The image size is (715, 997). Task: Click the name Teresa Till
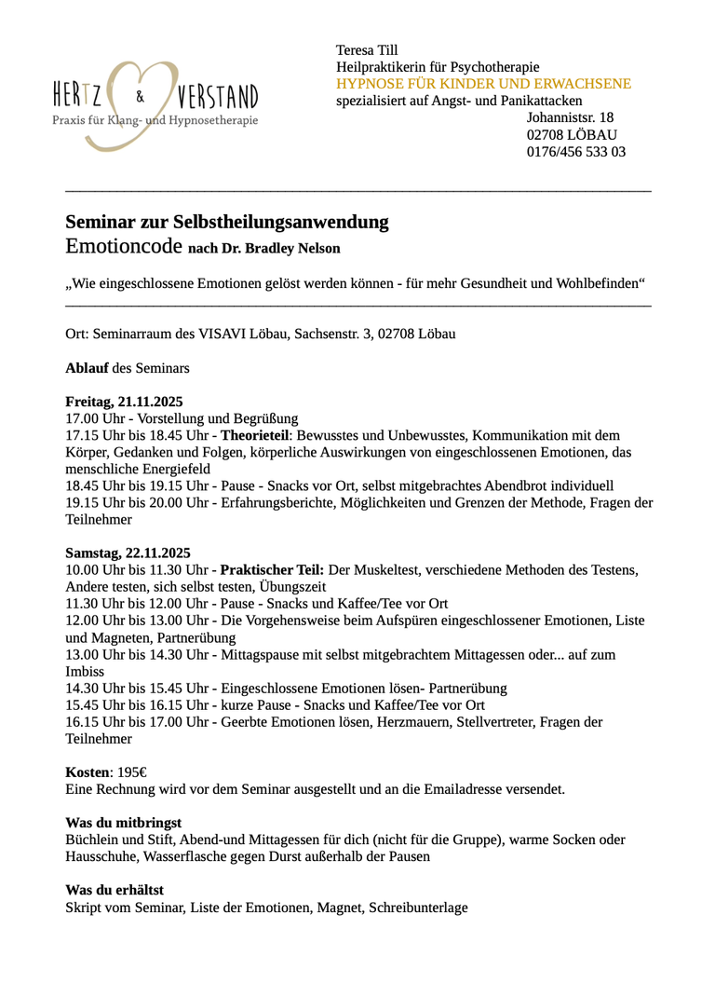click(x=367, y=50)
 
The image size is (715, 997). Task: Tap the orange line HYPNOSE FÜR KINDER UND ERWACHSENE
click(x=483, y=84)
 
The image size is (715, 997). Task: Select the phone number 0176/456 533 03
click(x=575, y=151)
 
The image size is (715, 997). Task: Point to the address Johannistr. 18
click(x=570, y=117)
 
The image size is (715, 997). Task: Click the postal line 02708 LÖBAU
click(x=571, y=134)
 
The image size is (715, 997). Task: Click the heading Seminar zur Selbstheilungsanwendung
click(x=226, y=223)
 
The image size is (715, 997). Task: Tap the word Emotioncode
click(x=124, y=247)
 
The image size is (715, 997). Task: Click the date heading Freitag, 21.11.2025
click(x=124, y=402)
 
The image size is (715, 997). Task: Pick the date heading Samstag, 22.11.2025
click(x=128, y=553)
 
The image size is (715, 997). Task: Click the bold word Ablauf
click(x=87, y=368)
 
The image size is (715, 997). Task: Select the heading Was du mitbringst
click(x=123, y=823)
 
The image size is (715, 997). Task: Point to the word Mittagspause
click(x=261, y=655)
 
